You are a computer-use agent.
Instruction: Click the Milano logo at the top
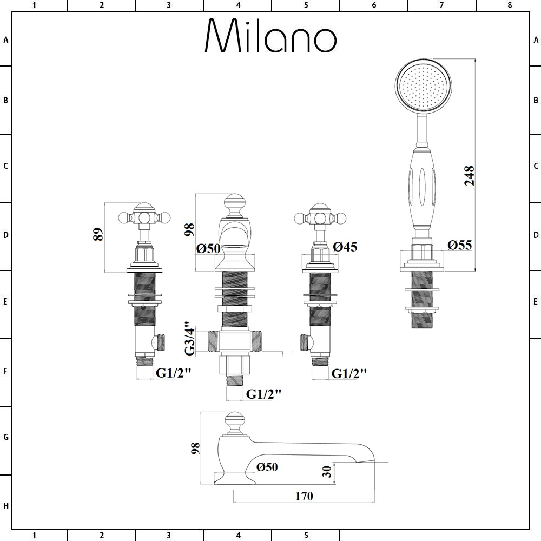point(271,35)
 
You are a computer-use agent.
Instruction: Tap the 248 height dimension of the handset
point(469,176)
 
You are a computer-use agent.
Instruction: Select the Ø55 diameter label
point(459,245)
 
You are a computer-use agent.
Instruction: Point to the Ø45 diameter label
point(345,247)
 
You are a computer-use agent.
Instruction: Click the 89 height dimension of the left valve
point(98,234)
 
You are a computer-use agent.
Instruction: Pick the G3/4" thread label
point(190,339)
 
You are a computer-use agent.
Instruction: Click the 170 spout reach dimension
point(304,496)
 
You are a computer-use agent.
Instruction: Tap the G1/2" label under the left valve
point(173,373)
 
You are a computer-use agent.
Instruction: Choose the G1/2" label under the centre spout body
point(263,394)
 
